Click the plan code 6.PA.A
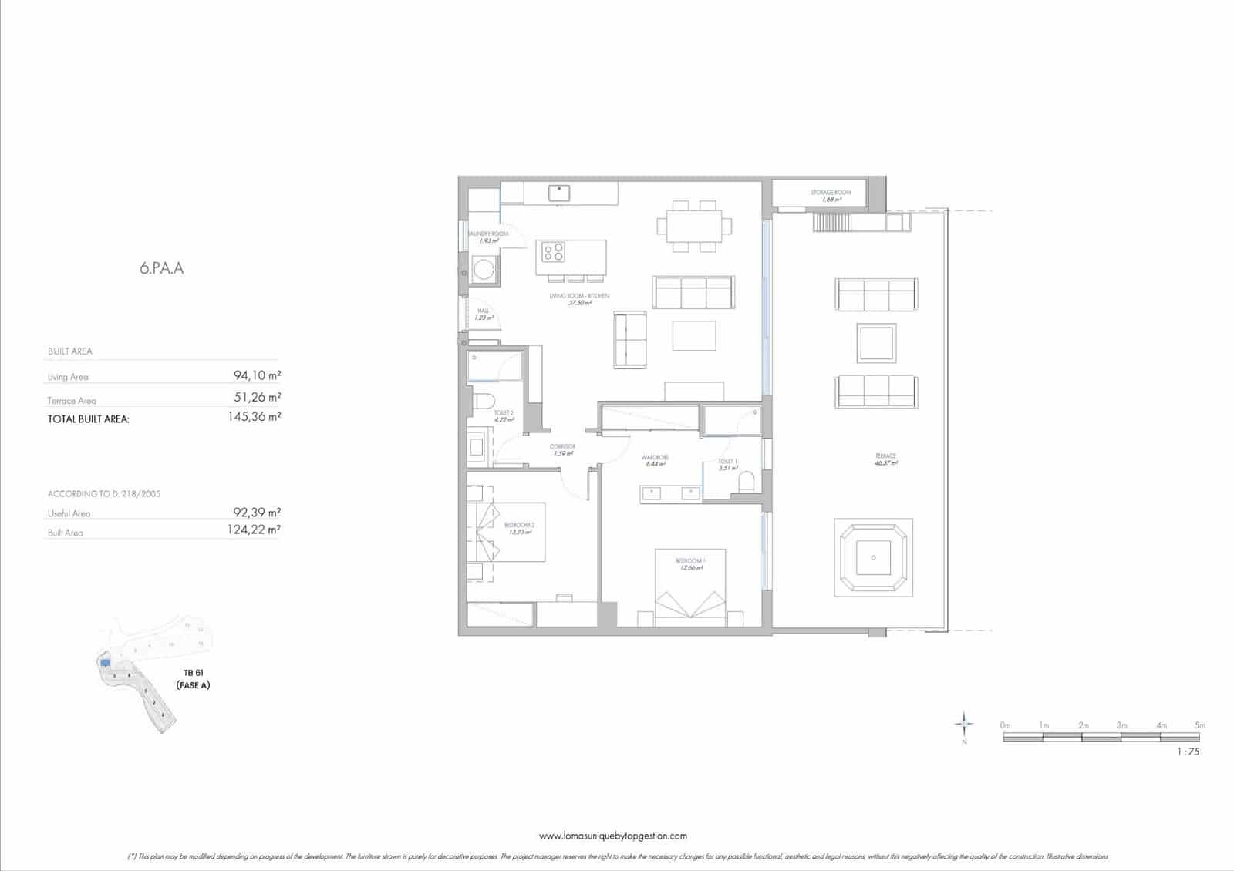(x=162, y=269)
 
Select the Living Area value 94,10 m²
(x=257, y=375)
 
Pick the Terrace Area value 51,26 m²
(x=257, y=398)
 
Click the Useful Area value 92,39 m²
(x=257, y=511)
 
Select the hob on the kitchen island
(x=554, y=251)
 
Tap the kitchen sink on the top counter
(x=559, y=192)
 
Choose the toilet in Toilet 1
(x=746, y=483)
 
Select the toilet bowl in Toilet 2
(x=484, y=402)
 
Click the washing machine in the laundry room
(x=484, y=270)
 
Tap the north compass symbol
(x=964, y=725)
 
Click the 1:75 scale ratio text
(x=1188, y=752)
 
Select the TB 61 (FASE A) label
(x=193, y=679)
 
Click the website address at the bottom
(x=612, y=836)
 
